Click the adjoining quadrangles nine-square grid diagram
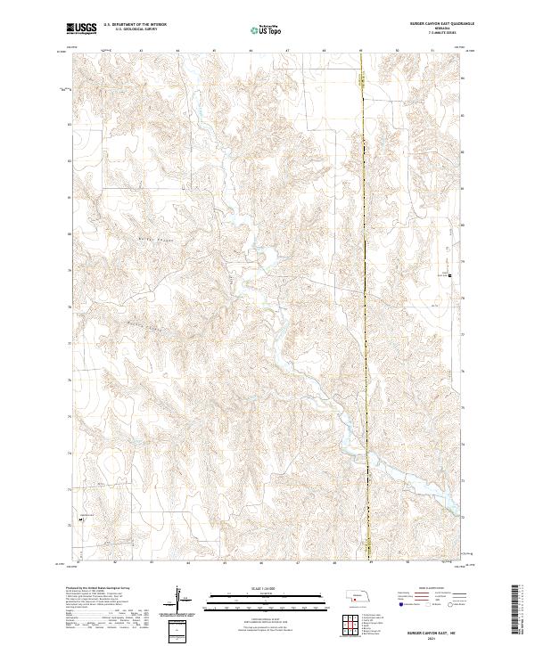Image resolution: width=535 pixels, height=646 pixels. (355, 622)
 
